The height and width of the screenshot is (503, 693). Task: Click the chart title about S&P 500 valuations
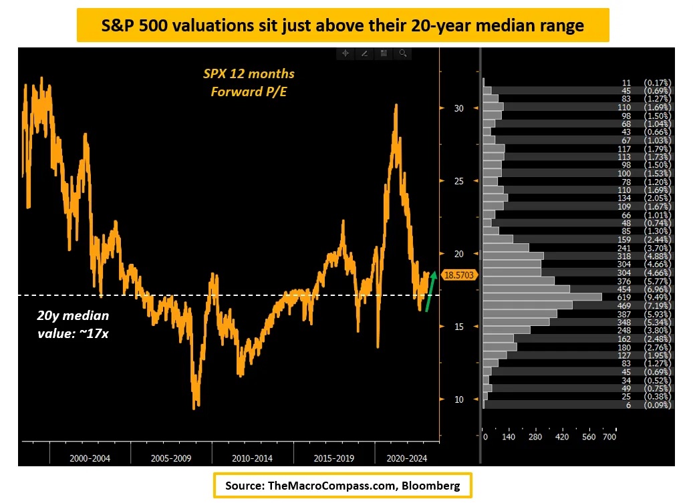(342, 25)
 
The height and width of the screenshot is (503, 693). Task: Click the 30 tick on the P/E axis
(458, 108)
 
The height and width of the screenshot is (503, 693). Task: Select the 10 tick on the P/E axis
(458, 399)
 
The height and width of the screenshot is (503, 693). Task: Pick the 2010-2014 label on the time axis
(252, 459)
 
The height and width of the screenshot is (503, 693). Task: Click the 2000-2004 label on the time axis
(91, 459)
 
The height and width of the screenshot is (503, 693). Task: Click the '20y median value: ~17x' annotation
(73, 323)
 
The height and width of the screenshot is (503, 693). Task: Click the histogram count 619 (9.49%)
(645, 297)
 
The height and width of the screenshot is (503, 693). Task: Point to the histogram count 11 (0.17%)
(645, 82)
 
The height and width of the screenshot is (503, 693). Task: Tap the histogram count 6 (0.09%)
(645, 405)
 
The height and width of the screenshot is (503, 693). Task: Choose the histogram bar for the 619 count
(542, 297)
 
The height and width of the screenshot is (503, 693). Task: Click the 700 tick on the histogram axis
(609, 437)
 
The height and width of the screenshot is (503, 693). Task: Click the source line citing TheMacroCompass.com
(342, 486)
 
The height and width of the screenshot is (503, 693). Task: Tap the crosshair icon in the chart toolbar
(345, 53)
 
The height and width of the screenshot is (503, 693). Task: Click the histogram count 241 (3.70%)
(645, 247)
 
